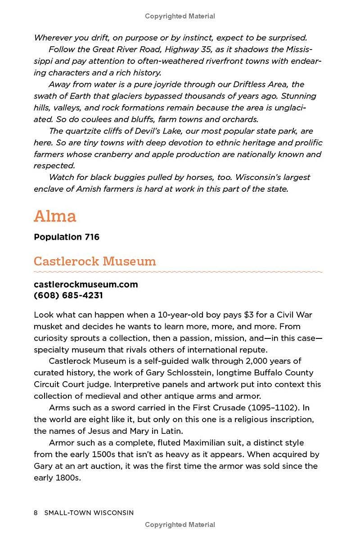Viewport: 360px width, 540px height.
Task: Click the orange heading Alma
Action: (55, 216)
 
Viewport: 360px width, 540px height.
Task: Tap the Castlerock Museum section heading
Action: (94, 261)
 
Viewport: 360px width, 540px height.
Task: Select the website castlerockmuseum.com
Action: (85, 284)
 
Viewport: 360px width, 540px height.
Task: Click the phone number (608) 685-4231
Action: (68, 296)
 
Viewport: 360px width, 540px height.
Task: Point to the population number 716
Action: (91, 237)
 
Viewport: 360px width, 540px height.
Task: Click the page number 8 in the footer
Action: (36, 513)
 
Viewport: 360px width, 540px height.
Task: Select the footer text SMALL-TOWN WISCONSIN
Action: (89, 513)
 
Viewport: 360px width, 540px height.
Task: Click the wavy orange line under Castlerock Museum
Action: (178, 272)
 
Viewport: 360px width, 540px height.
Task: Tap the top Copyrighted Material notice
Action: (180, 16)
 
